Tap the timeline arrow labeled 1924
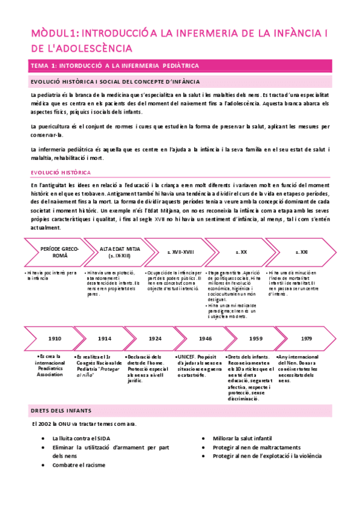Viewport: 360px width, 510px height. [156, 338]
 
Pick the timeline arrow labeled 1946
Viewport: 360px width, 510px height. [206, 338]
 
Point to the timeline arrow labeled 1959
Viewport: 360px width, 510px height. [256, 338]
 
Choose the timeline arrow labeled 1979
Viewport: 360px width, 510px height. [307, 338]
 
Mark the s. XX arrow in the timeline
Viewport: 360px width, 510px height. [240, 252]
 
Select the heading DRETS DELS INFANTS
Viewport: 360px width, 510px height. [60, 410]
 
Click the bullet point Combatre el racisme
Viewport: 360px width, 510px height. [79, 465]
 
